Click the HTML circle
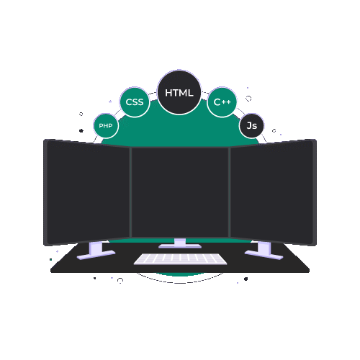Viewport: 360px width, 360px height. pyautogui.click(x=179, y=92)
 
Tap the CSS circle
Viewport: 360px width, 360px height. pyautogui.click(x=135, y=102)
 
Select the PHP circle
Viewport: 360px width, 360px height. pyautogui.click(x=106, y=126)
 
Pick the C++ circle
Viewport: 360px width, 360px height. pyautogui.click(x=222, y=102)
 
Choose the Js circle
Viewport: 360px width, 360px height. pyautogui.click(x=251, y=125)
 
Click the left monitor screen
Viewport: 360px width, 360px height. pyautogui.click(x=87, y=192)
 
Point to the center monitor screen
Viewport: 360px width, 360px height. pyautogui.click(x=180, y=192)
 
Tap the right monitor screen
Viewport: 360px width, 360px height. pyautogui.click(x=273, y=192)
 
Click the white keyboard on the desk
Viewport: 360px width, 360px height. pyautogui.click(x=180, y=259)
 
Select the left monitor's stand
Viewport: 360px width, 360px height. pyautogui.click(x=96, y=251)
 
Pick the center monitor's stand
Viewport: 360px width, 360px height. pyautogui.click(x=180, y=243)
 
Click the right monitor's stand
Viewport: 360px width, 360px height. pyautogui.click(x=264, y=251)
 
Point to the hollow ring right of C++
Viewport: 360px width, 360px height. pyautogui.click(x=248, y=99)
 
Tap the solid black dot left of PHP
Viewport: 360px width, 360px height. pyautogui.click(x=81, y=130)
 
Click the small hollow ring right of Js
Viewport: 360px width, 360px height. pyautogui.click(x=274, y=131)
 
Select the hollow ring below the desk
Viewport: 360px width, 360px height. pyautogui.click(x=120, y=280)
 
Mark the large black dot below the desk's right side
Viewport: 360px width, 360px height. pyautogui.click(x=246, y=279)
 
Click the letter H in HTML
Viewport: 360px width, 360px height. pyautogui.click(x=168, y=93)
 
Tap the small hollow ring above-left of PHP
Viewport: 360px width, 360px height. pyautogui.click(x=81, y=114)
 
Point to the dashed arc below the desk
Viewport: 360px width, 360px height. pyautogui.click(x=180, y=283)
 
